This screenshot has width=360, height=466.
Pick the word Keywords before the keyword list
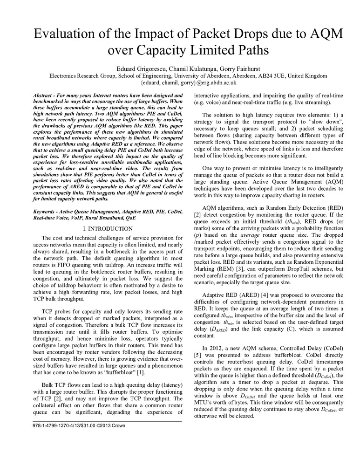pos(47,211)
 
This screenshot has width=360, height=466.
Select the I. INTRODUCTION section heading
pos(108,229)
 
